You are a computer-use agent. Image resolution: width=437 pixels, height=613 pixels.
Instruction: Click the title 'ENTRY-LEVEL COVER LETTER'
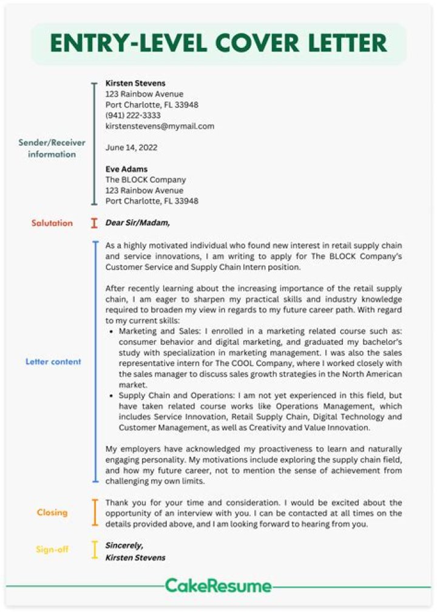point(218,44)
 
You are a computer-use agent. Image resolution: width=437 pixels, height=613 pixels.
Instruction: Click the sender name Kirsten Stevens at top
point(135,83)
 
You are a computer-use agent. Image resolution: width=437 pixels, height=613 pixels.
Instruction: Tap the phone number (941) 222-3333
point(133,115)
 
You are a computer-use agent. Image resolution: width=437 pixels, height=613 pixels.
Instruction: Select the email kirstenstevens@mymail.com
point(160,126)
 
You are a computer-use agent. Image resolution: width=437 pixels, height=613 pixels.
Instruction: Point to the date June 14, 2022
point(132,147)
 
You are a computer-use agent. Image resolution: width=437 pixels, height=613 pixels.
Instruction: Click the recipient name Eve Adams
point(126,169)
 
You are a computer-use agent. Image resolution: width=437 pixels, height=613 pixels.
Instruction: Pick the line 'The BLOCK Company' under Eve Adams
point(146,180)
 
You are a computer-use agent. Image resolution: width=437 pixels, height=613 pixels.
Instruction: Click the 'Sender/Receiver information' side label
point(52,148)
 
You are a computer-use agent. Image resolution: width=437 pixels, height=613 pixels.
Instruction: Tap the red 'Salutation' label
point(52,223)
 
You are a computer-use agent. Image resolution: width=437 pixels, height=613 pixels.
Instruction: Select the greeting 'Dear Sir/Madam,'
point(138,223)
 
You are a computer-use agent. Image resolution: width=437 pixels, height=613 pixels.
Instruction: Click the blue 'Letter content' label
point(53,362)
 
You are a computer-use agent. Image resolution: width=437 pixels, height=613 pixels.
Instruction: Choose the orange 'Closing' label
point(52,512)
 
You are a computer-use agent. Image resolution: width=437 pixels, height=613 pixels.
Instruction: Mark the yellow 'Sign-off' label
point(52,549)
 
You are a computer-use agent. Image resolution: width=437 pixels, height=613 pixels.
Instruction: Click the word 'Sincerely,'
point(124,545)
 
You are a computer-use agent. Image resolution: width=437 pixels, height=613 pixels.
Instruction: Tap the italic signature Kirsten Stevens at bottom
point(135,557)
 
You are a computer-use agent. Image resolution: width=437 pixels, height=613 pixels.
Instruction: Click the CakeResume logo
point(218,586)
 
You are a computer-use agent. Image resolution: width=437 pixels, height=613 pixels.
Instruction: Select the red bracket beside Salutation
point(94,223)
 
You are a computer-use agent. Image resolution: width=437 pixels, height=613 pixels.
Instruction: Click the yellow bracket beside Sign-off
point(94,549)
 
